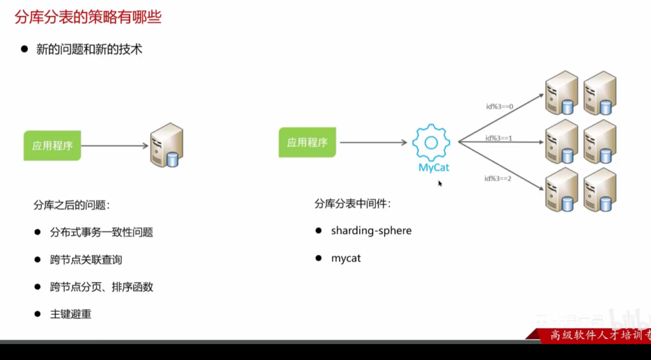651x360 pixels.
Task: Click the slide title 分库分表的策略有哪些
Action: tap(88, 17)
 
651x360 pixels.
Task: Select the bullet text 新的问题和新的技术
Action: tap(89, 49)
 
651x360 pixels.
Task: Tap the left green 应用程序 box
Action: tap(52, 146)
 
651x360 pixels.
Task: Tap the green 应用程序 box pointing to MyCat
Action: tap(307, 142)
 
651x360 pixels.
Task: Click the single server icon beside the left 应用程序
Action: tap(167, 146)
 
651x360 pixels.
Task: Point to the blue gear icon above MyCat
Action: tap(430, 142)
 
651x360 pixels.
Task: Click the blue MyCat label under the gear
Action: tap(434, 168)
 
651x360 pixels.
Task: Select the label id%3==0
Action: tap(498, 106)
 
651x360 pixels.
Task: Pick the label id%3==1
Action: tap(498, 138)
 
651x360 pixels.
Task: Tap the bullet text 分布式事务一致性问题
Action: tap(102, 232)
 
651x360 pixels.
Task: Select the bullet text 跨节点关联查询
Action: tap(86, 260)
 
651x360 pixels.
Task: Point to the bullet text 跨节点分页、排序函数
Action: tap(102, 287)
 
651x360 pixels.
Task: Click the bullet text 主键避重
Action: tap(71, 314)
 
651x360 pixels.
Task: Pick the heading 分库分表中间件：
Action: tap(352, 204)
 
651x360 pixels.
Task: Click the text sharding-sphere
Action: tap(371, 231)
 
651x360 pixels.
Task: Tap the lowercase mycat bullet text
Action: tap(346, 259)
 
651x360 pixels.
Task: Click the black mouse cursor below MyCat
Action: tap(440, 184)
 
